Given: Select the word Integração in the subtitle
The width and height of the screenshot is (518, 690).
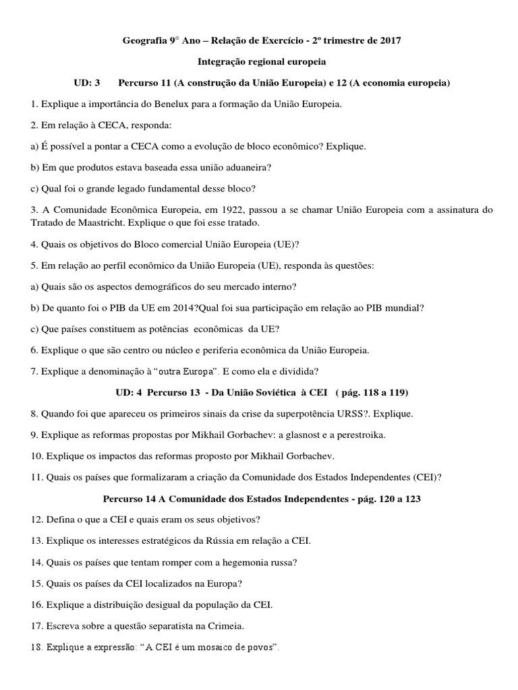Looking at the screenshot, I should click(221, 61).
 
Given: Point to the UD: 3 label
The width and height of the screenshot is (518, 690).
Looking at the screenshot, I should click(86, 83).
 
